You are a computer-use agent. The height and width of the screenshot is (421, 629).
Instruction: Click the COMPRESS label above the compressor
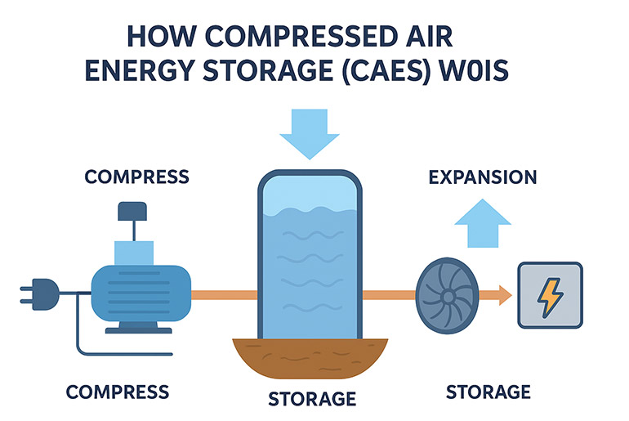tap(136, 177)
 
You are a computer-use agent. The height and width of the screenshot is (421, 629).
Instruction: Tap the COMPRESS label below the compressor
tap(118, 392)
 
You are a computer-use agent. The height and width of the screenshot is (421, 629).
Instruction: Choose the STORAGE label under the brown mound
tap(312, 399)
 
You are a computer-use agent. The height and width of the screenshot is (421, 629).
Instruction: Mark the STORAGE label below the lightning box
tap(488, 392)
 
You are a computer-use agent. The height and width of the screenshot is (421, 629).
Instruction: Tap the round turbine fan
tap(444, 293)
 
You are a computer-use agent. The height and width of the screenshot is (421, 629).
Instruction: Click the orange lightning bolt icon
tap(550, 295)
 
